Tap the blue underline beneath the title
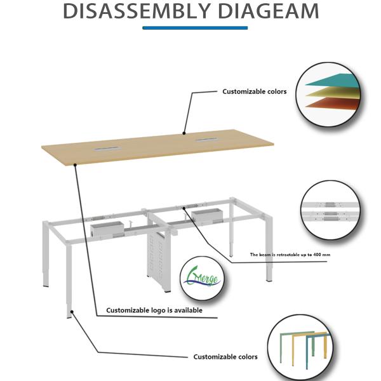click(194, 27)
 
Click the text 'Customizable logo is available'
click(154, 311)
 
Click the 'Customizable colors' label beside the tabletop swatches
click(254, 91)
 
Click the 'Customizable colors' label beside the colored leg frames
click(225, 357)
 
